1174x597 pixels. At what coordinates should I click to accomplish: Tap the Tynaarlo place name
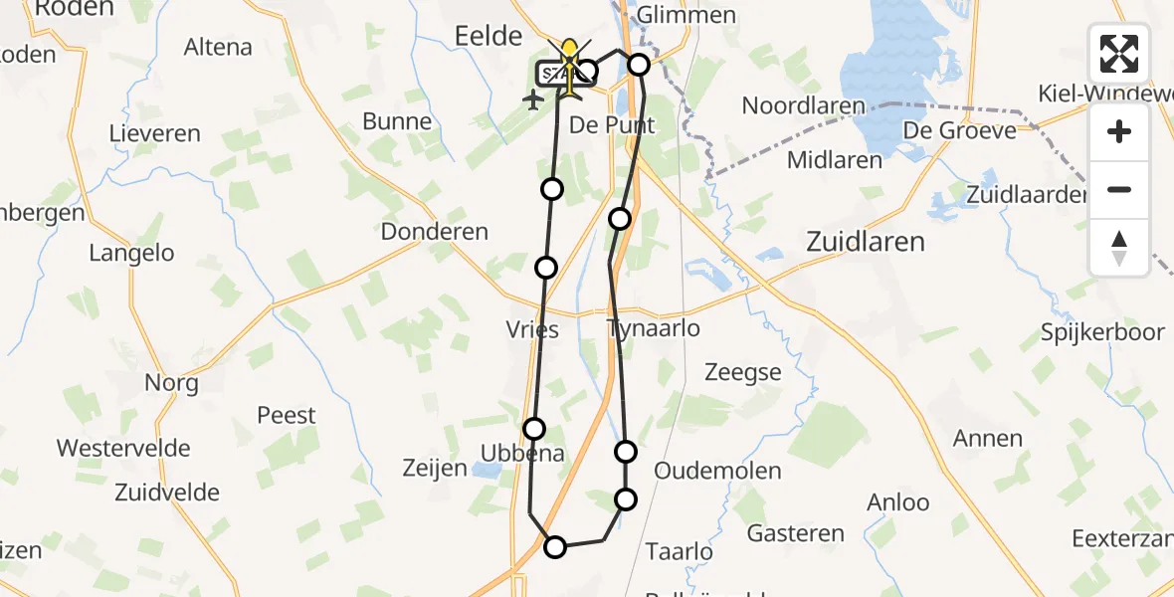653,328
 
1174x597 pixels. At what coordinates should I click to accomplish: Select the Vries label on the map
532,330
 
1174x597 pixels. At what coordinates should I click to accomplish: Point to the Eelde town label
488,37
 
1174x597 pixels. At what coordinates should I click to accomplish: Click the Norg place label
171,383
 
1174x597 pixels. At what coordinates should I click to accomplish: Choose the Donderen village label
435,232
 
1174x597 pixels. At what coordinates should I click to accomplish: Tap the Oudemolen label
717,471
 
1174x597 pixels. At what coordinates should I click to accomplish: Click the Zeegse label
742,373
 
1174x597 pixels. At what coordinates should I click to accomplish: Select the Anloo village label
897,503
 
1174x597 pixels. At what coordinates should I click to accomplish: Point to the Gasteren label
795,533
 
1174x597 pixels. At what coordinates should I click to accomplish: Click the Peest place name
286,416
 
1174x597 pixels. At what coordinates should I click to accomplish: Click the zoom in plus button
1119,132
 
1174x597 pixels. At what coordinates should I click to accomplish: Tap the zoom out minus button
1119,189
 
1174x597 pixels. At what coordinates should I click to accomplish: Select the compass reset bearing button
1119,247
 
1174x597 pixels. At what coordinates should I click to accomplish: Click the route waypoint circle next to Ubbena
534,429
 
